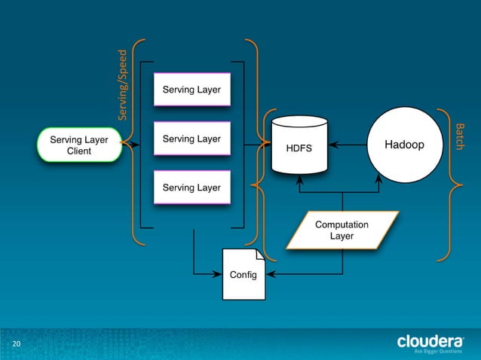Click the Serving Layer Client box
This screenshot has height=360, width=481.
pos(79,145)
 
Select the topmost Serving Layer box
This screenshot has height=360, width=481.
pos(191,90)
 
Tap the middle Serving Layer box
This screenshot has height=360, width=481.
pos(191,139)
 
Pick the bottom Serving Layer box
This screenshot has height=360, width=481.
pos(191,187)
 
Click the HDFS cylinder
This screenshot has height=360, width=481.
pos(299,146)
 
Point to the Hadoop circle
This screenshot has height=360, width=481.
pos(403,144)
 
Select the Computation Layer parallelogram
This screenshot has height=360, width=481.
pos(342,230)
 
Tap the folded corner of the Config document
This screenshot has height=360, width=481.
pos(260,254)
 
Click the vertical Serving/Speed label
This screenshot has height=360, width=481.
pos(123,84)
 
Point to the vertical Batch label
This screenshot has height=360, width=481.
pos(459,136)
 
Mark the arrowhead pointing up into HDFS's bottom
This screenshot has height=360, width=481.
pos(299,182)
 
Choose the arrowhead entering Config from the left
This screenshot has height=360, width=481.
pos(218,273)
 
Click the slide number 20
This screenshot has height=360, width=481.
pos(14,344)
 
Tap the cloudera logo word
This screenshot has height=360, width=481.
pos(429,341)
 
